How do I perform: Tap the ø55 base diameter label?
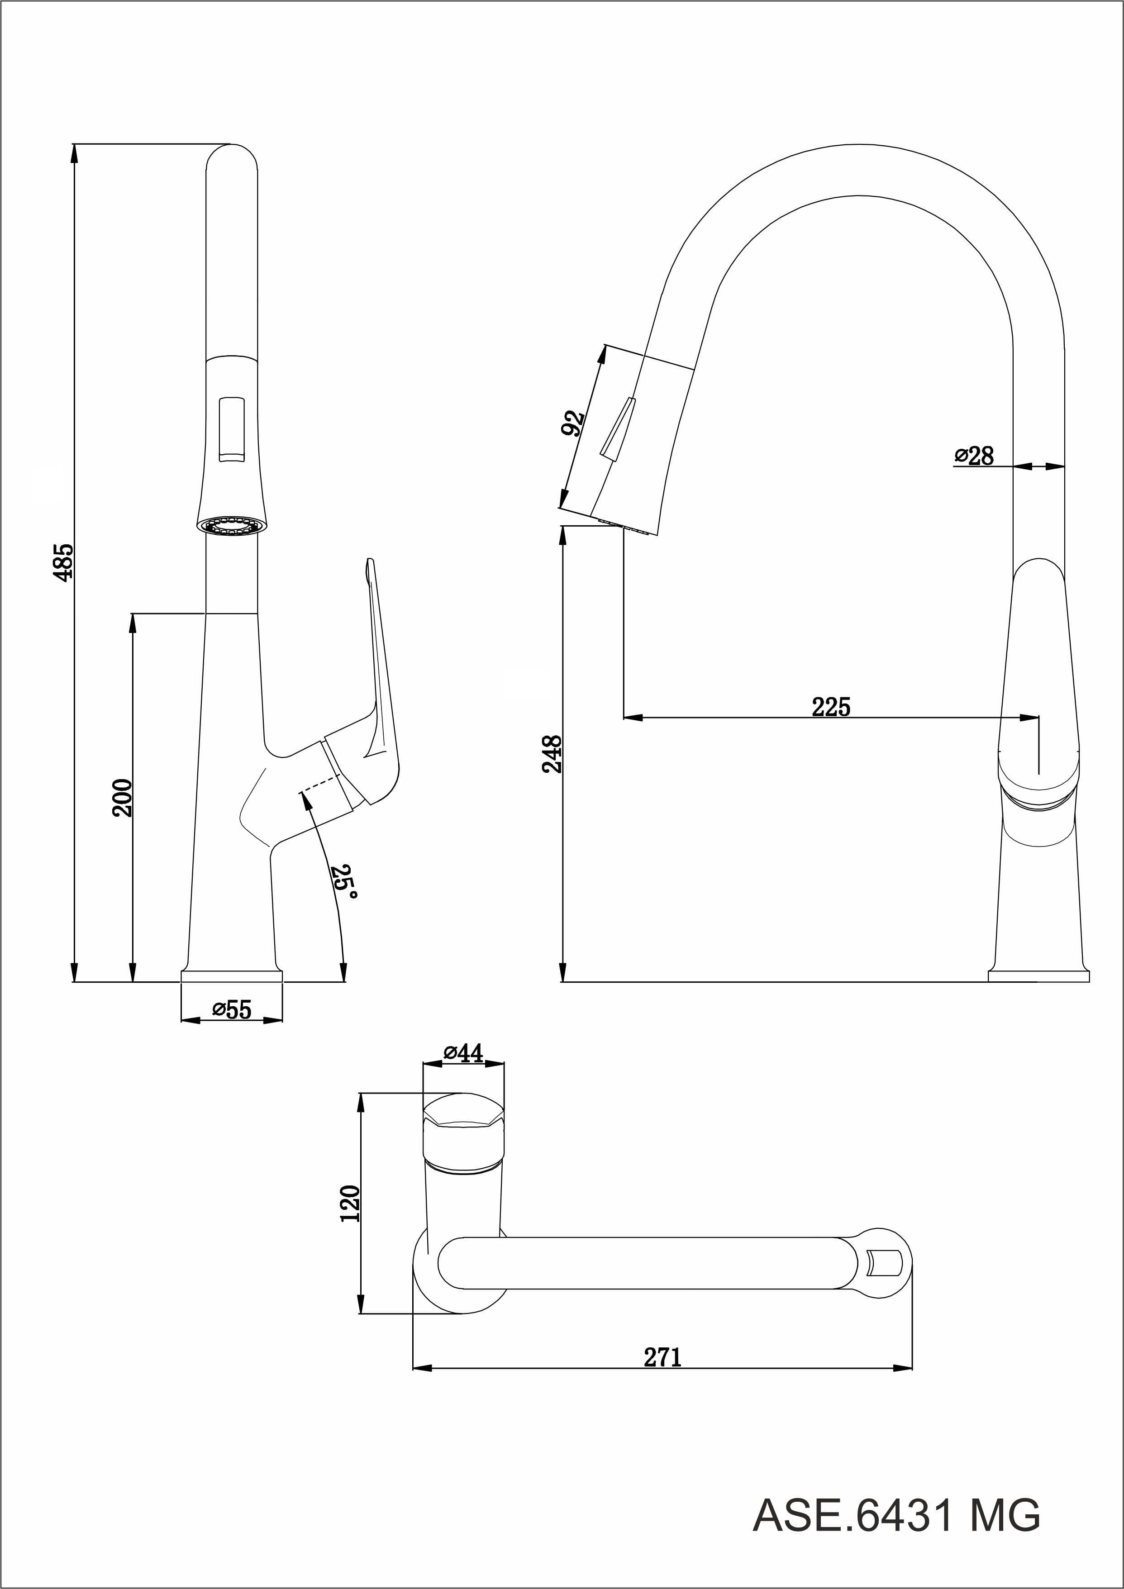(x=232, y=1010)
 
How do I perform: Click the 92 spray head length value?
(x=573, y=423)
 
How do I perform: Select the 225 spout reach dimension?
(x=830, y=707)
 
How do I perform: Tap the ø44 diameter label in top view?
(x=463, y=1053)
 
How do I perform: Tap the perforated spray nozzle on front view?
(x=231, y=524)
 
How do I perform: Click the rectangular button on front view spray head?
(x=232, y=429)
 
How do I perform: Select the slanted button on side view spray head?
(x=618, y=428)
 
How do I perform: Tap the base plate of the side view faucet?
(x=1038, y=976)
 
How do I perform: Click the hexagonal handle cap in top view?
(x=463, y=1111)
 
